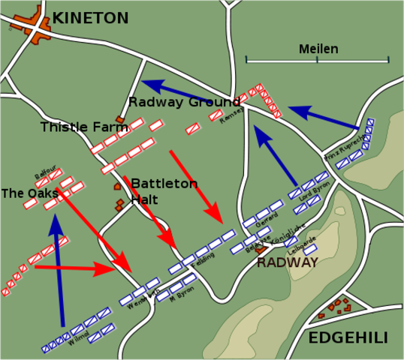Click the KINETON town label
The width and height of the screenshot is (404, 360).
tap(91, 17)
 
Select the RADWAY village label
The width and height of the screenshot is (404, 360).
tap(288, 262)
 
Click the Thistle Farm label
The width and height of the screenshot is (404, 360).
tap(74, 127)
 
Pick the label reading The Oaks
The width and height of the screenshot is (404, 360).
tap(29, 193)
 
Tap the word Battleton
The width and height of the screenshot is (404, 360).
tap(164, 184)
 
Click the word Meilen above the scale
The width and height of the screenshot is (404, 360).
tap(318, 49)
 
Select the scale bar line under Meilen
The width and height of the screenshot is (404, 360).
tap(317, 60)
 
